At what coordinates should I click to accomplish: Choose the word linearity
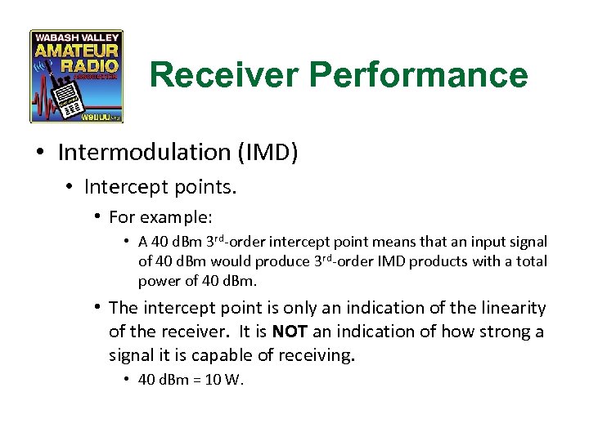tap(506, 309)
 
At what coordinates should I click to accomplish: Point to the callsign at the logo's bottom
tap(99, 117)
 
